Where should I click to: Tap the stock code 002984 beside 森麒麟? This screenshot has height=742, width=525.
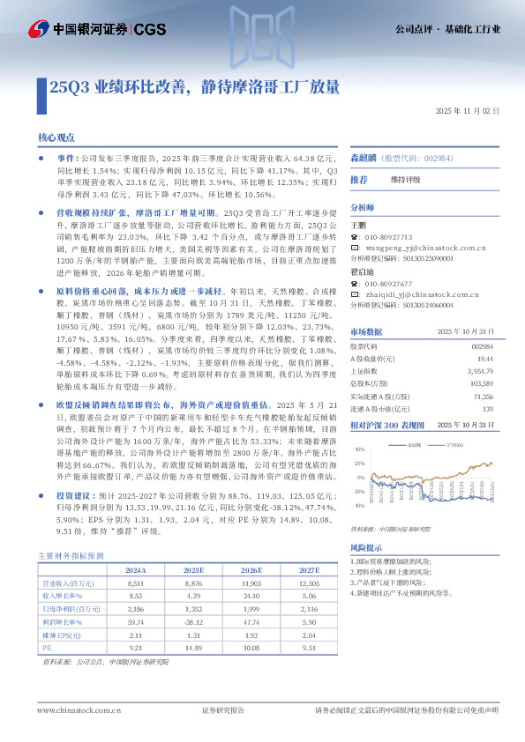[415, 158]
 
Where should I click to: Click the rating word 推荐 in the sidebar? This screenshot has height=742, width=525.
[359, 180]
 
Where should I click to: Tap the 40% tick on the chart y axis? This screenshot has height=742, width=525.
[360, 450]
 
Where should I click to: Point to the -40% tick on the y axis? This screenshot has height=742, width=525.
[358, 507]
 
